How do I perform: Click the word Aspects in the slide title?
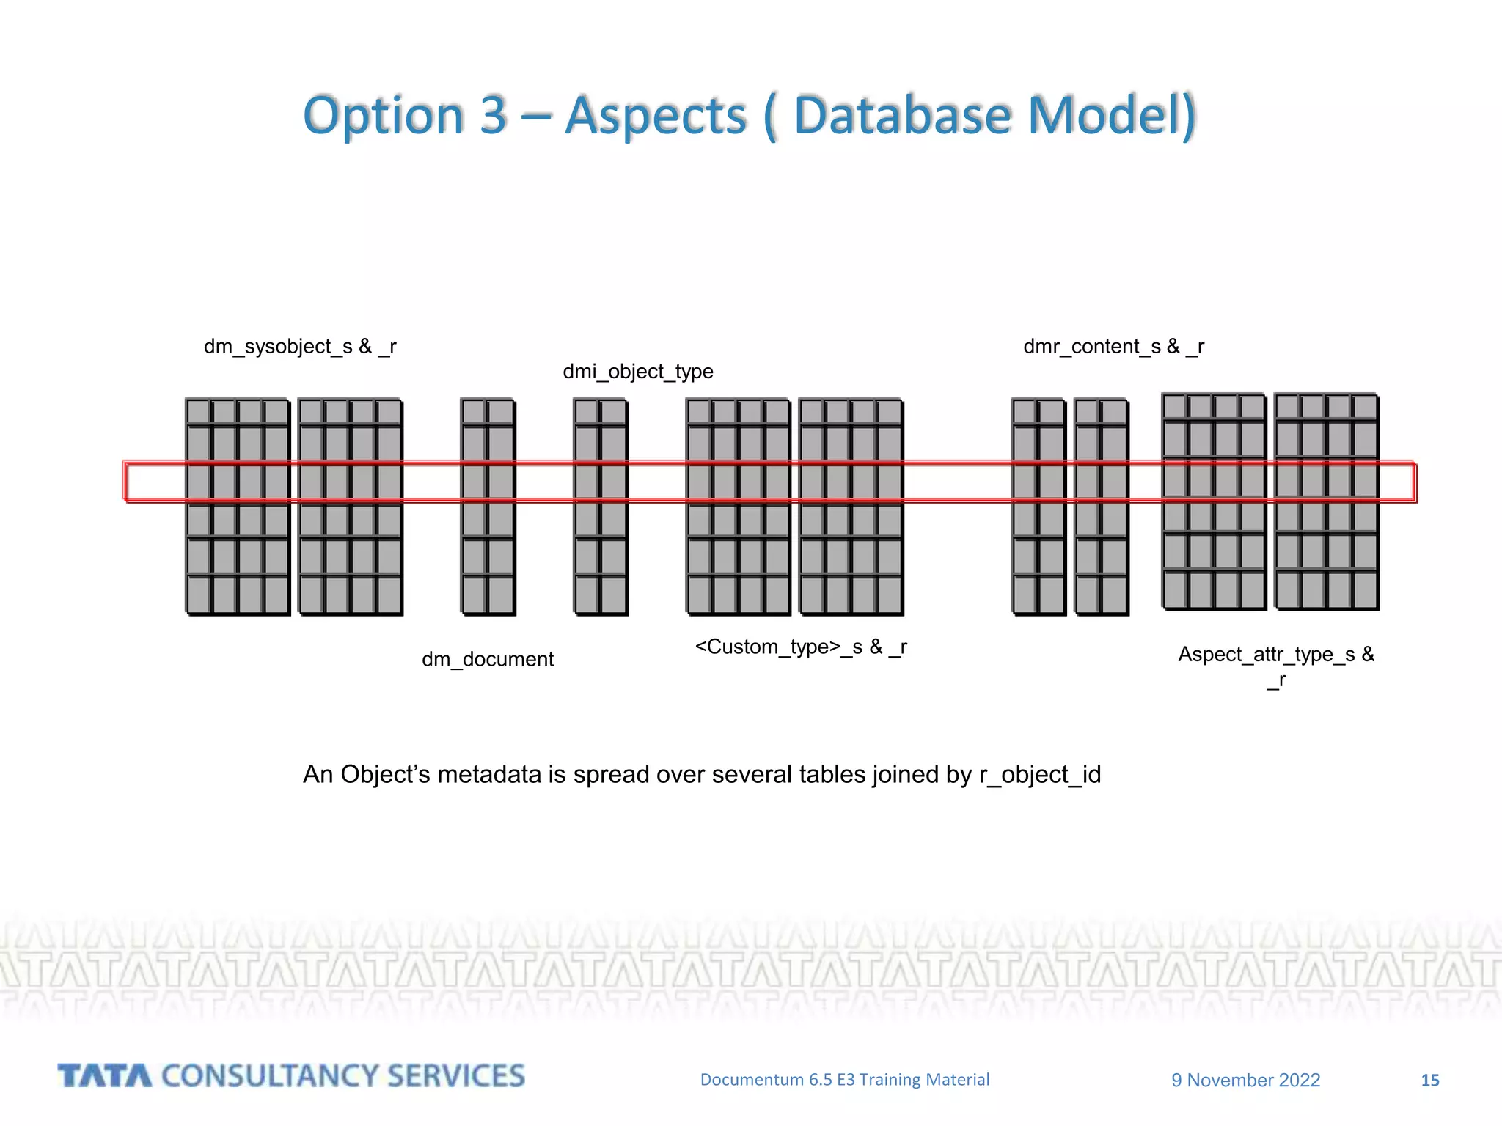[656, 116]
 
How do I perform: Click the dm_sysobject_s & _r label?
[300, 346]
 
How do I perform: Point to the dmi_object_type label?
[637, 372]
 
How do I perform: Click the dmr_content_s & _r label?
[1113, 346]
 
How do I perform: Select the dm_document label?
[487, 659]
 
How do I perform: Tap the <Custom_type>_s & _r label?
[800, 647]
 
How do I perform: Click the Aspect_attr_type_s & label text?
[1275, 654]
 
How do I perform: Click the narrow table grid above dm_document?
[488, 507]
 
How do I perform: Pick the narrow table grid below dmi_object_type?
[601, 507]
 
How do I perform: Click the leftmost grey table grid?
[238, 507]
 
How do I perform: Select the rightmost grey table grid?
[1327, 501]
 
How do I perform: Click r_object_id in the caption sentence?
[1039, 774]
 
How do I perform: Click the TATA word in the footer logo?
[105, 1076]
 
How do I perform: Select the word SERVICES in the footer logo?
[455, 1076]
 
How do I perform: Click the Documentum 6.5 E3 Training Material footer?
[844, 1079]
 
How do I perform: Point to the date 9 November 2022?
[1245, 1080]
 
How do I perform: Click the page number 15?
[1429, 1080]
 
